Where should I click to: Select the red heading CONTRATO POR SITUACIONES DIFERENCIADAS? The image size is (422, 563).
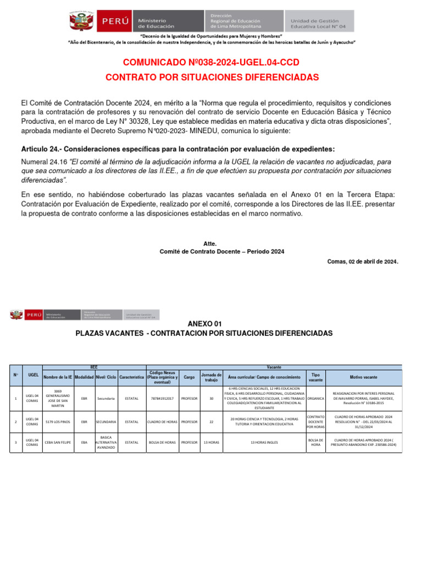[x=212, y=78]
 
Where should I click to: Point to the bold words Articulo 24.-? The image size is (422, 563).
[x=41, y=150]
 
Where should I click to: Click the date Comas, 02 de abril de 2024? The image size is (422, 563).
[x=362, y=262]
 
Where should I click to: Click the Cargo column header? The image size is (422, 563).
[x=188, y=377]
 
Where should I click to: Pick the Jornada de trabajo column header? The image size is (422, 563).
[x=211, y=377]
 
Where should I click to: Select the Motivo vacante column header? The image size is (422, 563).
[x=363, y=377]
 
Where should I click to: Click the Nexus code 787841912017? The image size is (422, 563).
[x=162, y=399]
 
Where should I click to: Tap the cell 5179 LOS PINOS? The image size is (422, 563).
[x=58, y=422]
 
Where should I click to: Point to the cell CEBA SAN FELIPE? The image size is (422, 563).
[x=58, y=442]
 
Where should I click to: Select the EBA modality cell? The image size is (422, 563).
[x=84, y=442]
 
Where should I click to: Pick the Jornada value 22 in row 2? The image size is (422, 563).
[x=211, y=422]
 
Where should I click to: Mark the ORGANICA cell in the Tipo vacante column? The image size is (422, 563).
[x=315, y=399]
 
